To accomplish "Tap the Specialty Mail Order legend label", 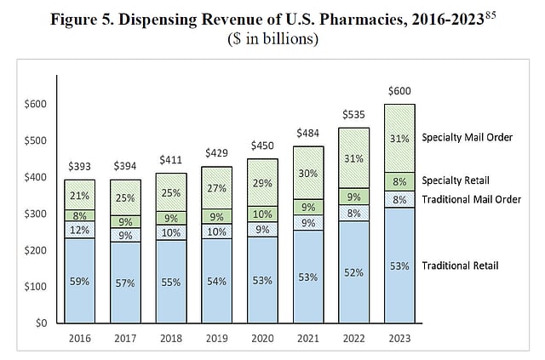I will click(x=468, y=137).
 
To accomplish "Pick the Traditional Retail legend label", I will click(x=461, y=266).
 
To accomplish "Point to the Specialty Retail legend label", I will click(x=455, y=180).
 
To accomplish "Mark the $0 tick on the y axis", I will click(x=39, y=323).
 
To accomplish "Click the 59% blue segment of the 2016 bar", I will click(x=80, y=280).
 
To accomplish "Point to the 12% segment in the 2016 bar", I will click(x=80, y=230).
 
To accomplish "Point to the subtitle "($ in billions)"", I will click(x=272, y=38).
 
